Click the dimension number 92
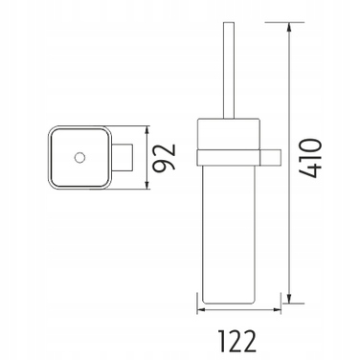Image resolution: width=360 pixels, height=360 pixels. pyautogui.click(x=164, y=157)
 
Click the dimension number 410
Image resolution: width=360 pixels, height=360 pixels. pyautogui.click(x=309, y=158)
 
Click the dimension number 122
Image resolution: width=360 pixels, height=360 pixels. pyautogui.click(x=237, y=341)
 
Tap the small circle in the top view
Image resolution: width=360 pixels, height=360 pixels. pyautogui.click(x=79, y=157)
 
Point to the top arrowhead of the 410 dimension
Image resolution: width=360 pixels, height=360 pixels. pyautogui.click(x=289, y=27)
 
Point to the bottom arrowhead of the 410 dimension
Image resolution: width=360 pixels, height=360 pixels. pyautogui.click(x=289, y=299)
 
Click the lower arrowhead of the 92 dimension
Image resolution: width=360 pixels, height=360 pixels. pyautogui.click(x=146, y=184)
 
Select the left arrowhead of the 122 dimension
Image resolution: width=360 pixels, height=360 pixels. pyautogui.click(x=202, y=309)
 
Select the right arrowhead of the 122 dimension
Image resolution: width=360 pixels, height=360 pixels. pyautogui.click(x=276, y=309)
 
